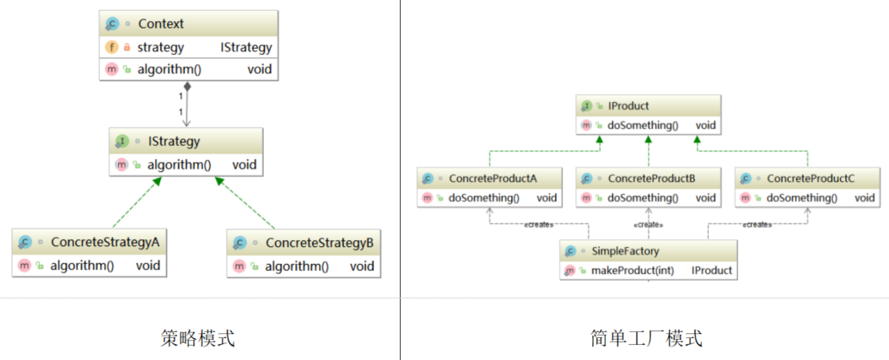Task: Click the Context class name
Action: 160,24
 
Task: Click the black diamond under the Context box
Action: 186,86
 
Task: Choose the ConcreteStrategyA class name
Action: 105,242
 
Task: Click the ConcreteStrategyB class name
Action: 319,242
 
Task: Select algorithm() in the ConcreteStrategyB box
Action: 296,266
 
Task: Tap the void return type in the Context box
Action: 260,69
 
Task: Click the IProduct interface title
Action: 628,107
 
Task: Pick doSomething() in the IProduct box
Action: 642,126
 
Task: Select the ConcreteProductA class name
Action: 493,178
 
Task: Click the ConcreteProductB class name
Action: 651,178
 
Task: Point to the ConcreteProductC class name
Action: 810,178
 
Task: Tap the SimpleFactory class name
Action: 625,251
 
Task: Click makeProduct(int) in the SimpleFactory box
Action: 631,271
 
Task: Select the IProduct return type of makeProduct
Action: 711,271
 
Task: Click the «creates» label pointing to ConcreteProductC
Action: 757,224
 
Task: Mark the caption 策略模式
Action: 197,338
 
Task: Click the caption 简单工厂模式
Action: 646,338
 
